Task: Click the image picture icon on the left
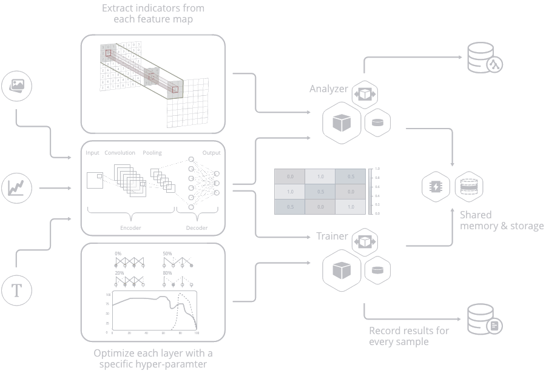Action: coord(17,86)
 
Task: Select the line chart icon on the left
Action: coord(17,188)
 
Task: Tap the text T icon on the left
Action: coord(17,290)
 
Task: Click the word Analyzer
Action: coord(329,89)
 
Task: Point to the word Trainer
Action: coord(332,236)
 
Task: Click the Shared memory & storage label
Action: coord(501,220)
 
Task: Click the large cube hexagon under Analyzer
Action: coord(342,123)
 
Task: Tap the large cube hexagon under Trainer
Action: coord(342,270)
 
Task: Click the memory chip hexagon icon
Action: coord(436,187)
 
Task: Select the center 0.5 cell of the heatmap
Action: coord(320,192)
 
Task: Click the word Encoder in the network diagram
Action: coord(130,228)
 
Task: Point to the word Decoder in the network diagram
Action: coord(197,228)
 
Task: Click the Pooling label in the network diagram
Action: coord(152,153)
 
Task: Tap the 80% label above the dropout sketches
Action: coord(167,273)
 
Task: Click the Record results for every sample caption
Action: coord(409,336)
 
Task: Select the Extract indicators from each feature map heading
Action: coord(153,13)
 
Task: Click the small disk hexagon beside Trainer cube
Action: coord(377,270)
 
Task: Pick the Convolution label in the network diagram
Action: coord(120,153)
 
